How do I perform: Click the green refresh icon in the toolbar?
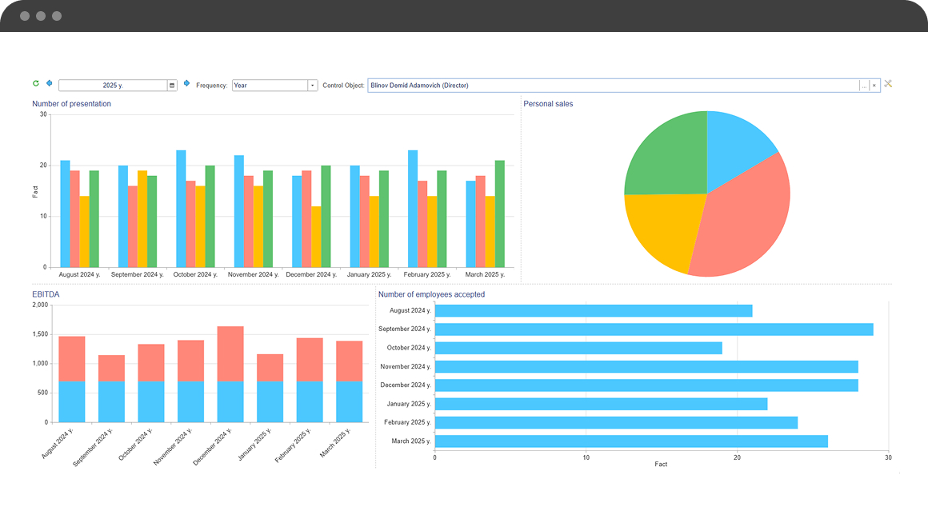coord(36,83)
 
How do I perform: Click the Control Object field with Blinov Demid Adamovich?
coord(613,86)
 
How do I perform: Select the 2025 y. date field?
coord(113,86)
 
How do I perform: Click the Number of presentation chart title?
coord(71,104)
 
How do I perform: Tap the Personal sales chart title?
coord(548,104)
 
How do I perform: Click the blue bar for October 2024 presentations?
coord(181,208)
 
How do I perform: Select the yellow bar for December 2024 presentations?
coord(316,237)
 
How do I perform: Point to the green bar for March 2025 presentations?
coord(500,214)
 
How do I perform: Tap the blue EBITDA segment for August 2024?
coord(72,401)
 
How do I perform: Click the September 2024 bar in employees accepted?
coord(653,329)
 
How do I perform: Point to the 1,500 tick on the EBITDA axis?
coord(39,334)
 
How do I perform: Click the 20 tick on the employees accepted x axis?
coord(737,457)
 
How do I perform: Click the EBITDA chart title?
coord(46,294)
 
